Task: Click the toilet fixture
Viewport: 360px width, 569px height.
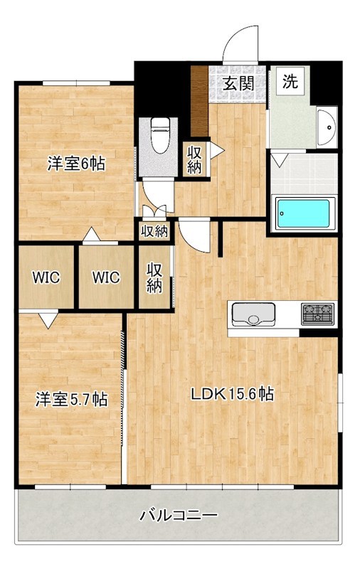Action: (160, 135)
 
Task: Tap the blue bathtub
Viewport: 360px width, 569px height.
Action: (303, 213)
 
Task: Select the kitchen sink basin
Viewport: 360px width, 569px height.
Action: (253, 314)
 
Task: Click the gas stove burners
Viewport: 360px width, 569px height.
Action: (318, 314)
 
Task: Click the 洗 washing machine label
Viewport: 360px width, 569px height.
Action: (290, 81)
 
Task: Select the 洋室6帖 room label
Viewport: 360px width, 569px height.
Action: (76, 164)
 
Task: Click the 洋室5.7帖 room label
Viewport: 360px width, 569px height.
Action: (71, 400)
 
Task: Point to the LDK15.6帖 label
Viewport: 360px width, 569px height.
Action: (232, 394)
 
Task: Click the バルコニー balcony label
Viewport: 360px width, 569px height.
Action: (179, 515)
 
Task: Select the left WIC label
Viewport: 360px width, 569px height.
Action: (46, 277)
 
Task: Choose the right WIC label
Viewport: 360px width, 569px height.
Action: (106, 277)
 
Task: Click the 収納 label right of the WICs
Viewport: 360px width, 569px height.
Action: (154, 277)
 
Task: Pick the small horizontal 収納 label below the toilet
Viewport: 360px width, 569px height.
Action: (154, 231)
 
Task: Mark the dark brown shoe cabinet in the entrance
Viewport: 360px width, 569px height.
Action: (200, 101)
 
